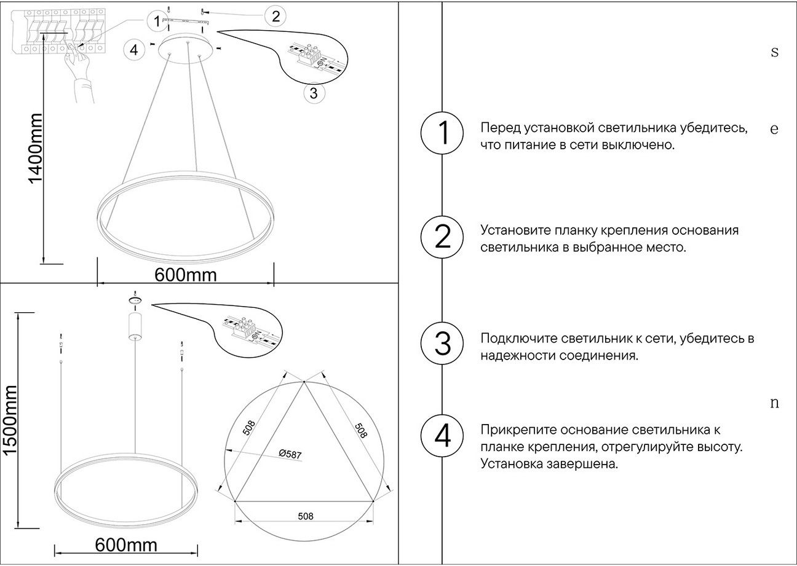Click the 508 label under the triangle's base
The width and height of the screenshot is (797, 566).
point(305,516)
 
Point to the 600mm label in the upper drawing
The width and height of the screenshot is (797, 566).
point(185,275)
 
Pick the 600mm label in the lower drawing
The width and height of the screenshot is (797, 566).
point(126,544)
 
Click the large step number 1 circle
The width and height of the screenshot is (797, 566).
point(442,134)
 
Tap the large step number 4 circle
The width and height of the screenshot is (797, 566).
point(442,436)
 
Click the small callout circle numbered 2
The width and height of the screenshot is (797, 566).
point(275,17)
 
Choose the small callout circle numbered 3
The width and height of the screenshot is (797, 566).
point(314,93)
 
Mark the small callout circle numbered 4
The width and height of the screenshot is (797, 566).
point(133,49)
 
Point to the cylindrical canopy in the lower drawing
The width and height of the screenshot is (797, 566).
point(135,326)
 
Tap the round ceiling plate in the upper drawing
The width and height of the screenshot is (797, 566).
point(187,48)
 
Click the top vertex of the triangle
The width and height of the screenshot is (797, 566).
point(304,383)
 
